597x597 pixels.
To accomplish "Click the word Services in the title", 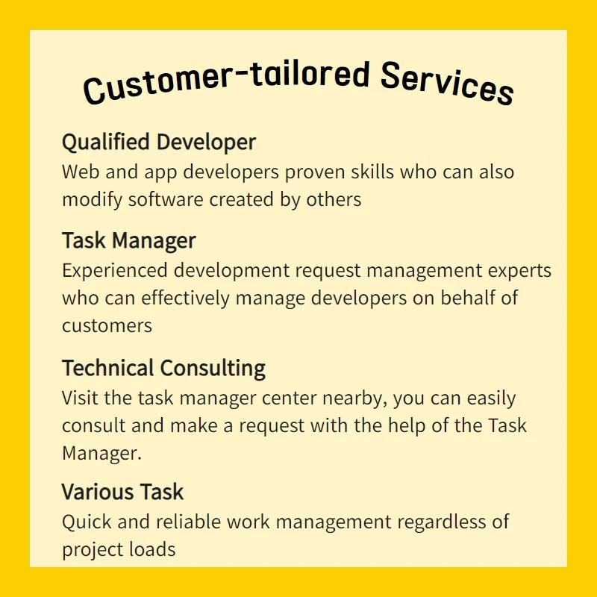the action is pyautogui.click(x=447, y=83).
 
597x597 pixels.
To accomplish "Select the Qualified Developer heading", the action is pyautogui.click(x=159, y=143).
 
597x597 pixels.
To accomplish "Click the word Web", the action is pyautogui.click(x=81, y=172).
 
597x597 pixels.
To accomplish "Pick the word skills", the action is pyautogui.click(x=372, y=172).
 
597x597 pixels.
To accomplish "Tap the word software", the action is pyautogui.click(x=166, y=200).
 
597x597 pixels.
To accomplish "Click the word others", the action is pyautogui.click(x=334, y=199).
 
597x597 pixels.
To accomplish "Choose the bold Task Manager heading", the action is pyautogui.click(x=128, y=241).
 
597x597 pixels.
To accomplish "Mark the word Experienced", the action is pyautogui.click(x=115, y=271).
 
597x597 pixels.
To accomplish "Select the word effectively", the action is pyautogui.click(x=185, y=298).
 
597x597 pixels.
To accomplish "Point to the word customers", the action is pyautogui.click(x=107, y=326).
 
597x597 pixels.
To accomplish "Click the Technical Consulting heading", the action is pyautogui.click(x=163, y=369).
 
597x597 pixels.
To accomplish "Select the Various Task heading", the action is pyautogui.click(x=122, y=492).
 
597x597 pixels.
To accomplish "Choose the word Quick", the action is pyautogui.click(x=87, y=522).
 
